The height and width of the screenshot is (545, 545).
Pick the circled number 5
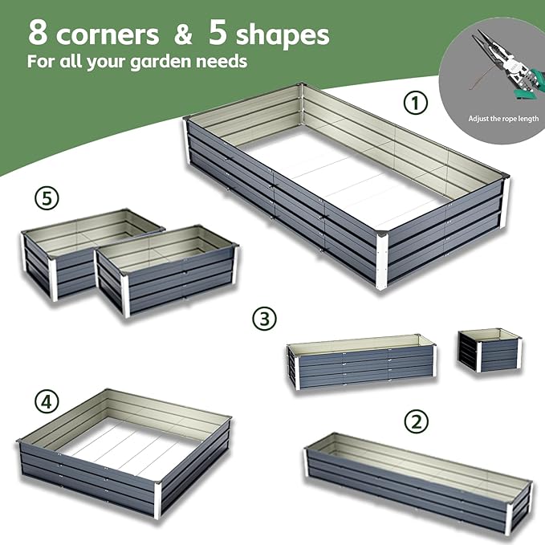(x=47, y=196)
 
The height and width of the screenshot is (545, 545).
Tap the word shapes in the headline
(x=281, y=35)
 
